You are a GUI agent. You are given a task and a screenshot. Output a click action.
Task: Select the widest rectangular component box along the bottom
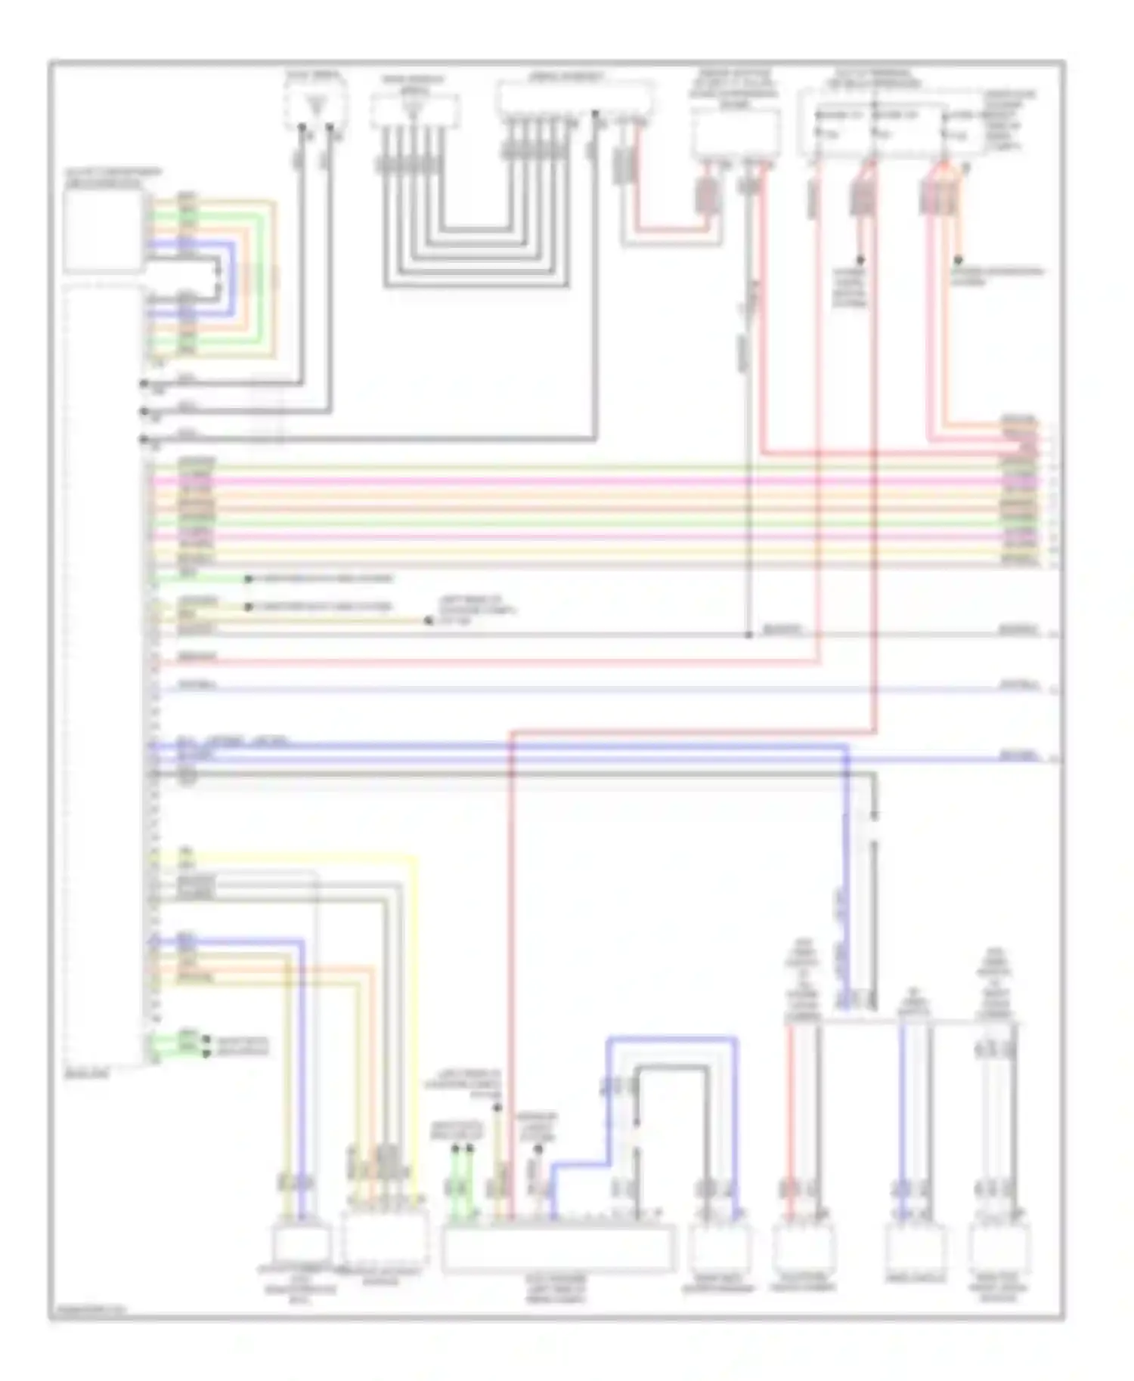558,1249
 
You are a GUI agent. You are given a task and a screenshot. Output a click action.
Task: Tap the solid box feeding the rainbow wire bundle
104,230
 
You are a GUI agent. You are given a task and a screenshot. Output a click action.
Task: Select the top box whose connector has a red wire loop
736,134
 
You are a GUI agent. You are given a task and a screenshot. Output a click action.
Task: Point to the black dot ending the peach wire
959,259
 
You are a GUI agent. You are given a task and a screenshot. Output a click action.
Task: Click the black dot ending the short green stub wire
248,579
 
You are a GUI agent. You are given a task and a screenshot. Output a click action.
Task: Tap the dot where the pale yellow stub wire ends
428,621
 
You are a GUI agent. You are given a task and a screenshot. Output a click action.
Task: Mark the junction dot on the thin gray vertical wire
748,635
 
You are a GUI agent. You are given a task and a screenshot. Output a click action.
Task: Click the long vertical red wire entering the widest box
511,944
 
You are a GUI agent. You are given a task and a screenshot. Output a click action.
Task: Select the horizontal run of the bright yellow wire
302,856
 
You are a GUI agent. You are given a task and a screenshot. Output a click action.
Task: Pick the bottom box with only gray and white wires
999,1250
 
